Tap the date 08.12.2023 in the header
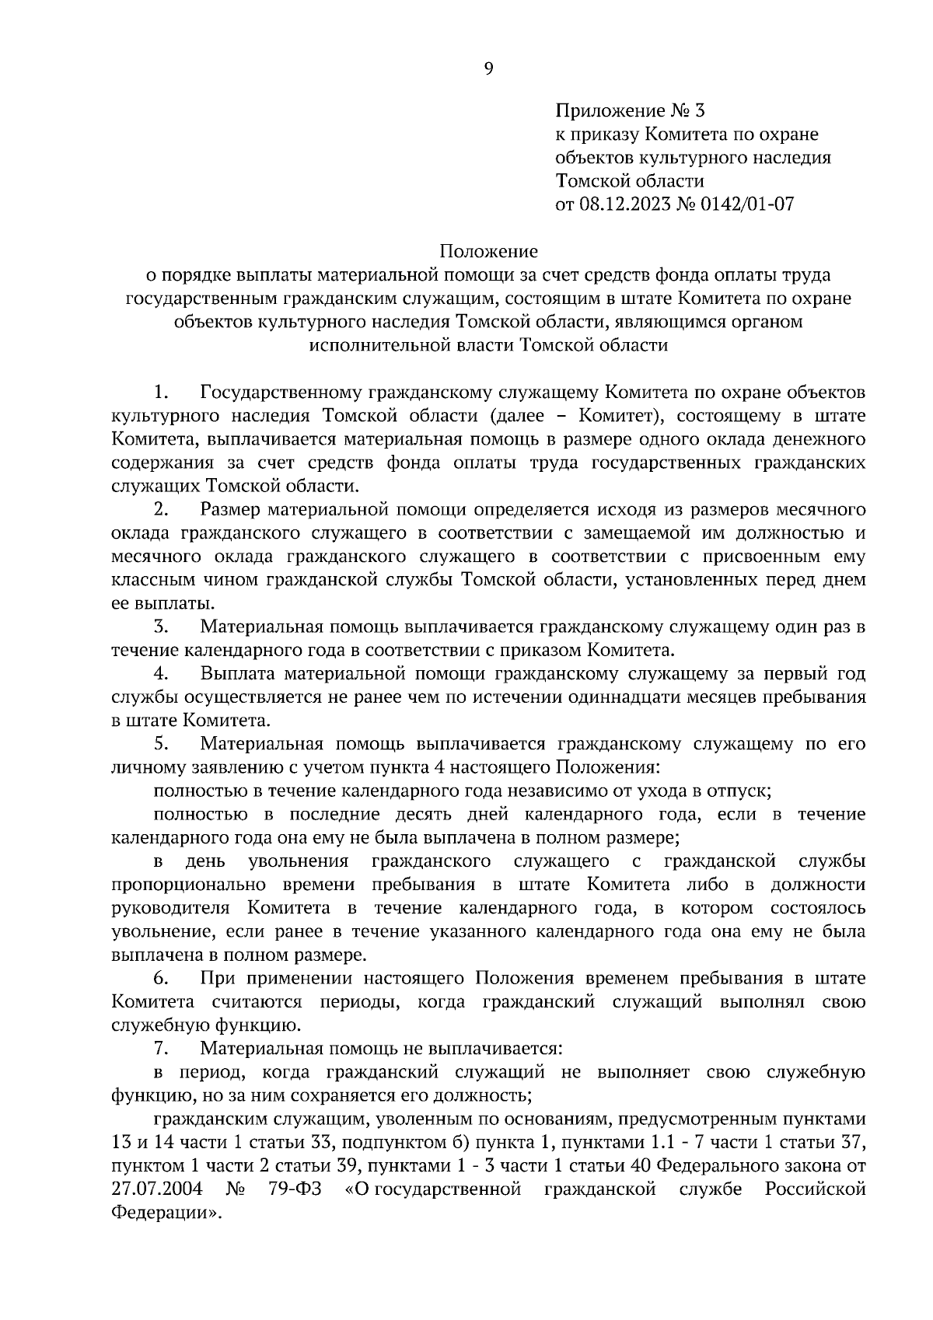tap(625, 204)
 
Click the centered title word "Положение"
tap(488, 251)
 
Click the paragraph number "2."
tap(161, 510)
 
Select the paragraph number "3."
tap(161, 627)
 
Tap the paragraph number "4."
tap(161, 673)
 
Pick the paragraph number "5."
tap(161, 744)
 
